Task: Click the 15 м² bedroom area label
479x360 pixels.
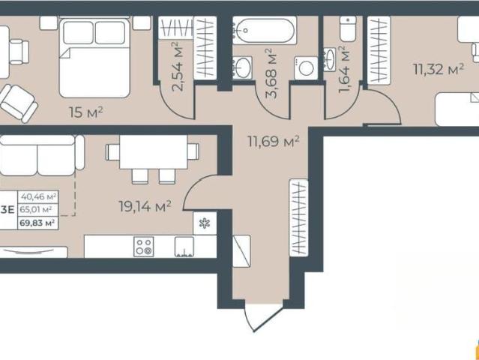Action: coord(86,112)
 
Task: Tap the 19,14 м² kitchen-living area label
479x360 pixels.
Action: coord(145,206)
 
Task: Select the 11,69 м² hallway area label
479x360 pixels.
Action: coord(274,142)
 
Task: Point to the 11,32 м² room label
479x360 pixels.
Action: coord(439,69)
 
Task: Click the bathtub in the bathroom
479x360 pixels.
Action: coord(265,30)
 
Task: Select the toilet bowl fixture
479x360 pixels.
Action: coord(348,28)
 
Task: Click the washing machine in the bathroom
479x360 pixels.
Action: coord(306,68)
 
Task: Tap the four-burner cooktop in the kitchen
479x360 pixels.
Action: coord(144,246)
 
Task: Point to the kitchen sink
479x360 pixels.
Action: coord(184,246)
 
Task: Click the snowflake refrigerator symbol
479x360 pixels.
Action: coord(205,223)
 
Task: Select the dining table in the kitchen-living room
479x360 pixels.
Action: coord(154,152)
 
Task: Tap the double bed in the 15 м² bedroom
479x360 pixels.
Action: coord(94,58)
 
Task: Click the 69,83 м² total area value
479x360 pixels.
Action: coord(37,223)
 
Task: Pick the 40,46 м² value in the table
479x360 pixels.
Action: coord(38,196)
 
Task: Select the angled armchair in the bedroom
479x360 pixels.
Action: coord(19,103)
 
